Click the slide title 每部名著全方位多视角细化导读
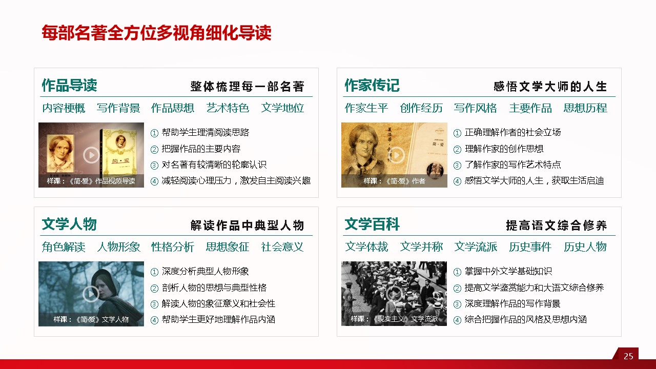point(156,32)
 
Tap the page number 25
point(628,356)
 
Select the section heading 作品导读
point(69,85)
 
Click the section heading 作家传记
point(372,85)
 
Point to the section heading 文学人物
point(69,224)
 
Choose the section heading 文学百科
point(372,224)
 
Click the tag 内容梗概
point(64,108)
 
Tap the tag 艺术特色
point(228,108)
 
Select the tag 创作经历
point(421,108)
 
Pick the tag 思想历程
point(585,108)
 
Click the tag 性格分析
point(173,247)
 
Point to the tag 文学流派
point(476,247)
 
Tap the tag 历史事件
point(530,247)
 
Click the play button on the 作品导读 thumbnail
point(91,155)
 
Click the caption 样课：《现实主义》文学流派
point(394,319)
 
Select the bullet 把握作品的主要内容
point(201,149)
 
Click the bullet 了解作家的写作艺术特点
point(512,165)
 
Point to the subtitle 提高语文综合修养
point(556,225)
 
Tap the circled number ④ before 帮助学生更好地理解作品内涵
point(154,320)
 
